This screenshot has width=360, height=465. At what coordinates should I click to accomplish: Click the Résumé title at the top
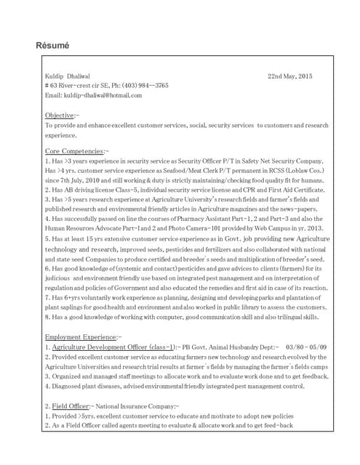click(52, 46)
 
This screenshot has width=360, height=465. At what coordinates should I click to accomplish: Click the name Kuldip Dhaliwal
click(67, 76)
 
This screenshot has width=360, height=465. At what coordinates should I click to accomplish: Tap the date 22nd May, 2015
click(289, 76)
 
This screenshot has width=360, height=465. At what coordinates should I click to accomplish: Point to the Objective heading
click(60, 116)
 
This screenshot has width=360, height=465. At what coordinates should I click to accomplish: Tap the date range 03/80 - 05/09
click(306, 347)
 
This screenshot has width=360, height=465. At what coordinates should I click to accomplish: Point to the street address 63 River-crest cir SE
click(78, 85)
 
